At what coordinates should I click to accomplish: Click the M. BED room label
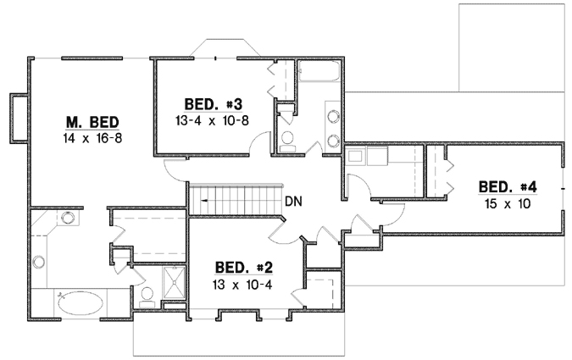point(93,120)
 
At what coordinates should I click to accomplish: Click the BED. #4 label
point(508,187)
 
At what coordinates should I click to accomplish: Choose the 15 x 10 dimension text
point(508,203)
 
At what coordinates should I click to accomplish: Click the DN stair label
point(294,202)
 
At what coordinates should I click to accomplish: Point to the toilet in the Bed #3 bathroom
point(287,138)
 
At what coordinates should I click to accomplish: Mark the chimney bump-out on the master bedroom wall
point(18,116)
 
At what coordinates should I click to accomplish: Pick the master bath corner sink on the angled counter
point(66,218)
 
